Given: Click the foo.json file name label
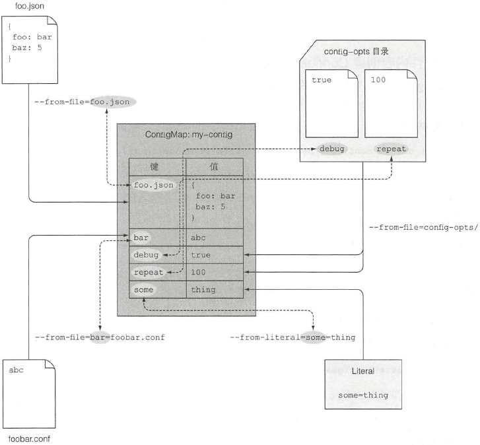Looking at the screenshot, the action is (30, 6).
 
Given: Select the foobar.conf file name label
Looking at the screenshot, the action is (29, 439).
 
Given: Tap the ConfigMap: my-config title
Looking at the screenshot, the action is (189, 135).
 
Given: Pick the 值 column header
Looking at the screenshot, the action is (214, 167).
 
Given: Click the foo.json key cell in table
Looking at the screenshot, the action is (154, 185).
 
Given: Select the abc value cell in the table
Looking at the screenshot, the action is (198, 238).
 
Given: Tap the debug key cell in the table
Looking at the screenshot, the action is (146, 255).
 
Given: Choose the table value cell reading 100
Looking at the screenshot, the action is (198, 272).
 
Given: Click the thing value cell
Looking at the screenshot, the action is (203, 290).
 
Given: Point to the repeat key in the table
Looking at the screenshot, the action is (149, 273).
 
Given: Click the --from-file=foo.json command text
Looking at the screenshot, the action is (82, 102).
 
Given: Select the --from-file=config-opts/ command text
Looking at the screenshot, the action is (423, 228).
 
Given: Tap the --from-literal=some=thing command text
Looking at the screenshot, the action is (292, 337).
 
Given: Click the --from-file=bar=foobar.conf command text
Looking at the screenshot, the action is (100, 337).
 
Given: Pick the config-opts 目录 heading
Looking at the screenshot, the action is (357, 51).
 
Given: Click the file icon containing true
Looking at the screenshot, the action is (331, 104).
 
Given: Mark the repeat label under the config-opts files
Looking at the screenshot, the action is (391, 149).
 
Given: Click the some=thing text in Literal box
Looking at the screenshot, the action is (363, 395).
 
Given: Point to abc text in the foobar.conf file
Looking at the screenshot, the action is (17, 370).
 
